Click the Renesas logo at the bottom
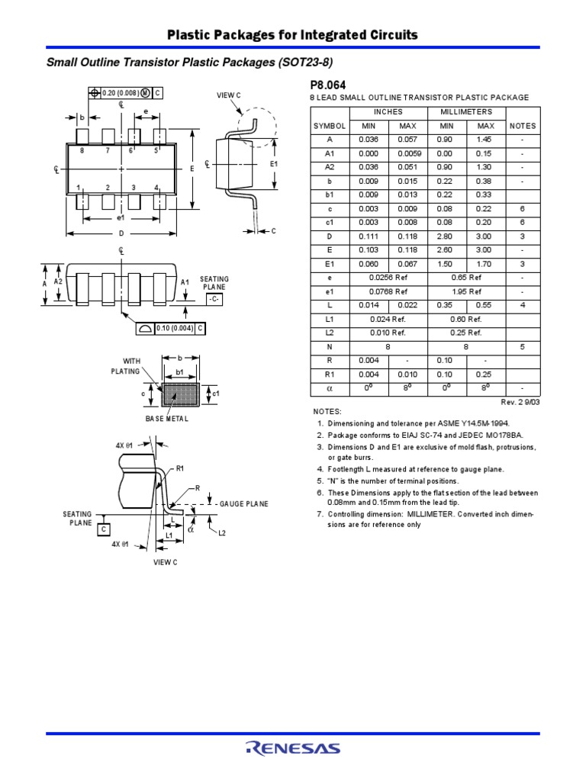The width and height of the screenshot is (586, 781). [x=292, y=750]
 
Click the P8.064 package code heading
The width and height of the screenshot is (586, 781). [x=329, y=84]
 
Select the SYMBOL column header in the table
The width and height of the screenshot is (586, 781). [x=329, y=126]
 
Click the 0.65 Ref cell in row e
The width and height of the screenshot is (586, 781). [x=465, y=278]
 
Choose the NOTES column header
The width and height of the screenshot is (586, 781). [x=523, y=126]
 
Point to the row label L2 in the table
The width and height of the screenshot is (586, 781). [x=329, y=333]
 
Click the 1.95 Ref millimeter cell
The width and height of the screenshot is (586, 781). [x=465, y=291]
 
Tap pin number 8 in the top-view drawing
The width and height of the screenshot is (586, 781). [x=82, y=151]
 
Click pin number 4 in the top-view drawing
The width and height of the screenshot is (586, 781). [x=156, y=188]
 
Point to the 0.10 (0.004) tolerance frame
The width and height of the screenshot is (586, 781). [x=179, y=328]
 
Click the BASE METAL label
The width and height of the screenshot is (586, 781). [x=167, y=419]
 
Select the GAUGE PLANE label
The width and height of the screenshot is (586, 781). [x=243, y=505]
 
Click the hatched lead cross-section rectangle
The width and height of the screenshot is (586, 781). [x=180, y=394]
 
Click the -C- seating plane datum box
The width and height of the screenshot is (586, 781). [x=214, y=301]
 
